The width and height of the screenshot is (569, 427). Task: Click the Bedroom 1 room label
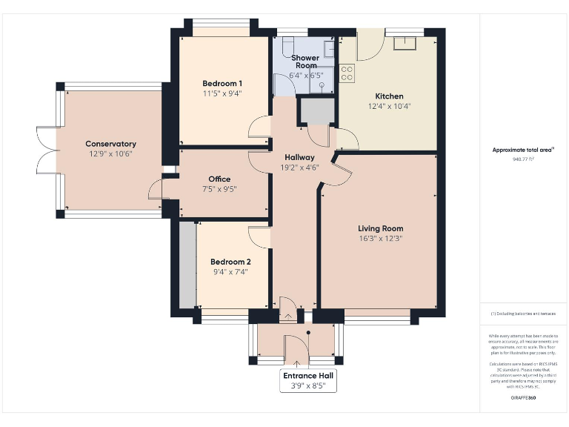tap(222, 82)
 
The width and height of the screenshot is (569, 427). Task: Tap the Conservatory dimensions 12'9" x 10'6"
tap(110, 154)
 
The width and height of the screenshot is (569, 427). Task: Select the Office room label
tap(219, 179)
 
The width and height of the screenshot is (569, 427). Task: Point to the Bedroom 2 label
tap(230, 262)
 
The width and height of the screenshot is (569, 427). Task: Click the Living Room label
tap(380, 228)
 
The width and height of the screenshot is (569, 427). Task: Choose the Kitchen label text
tap(389, 96)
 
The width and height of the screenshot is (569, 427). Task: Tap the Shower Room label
tap(305, 62)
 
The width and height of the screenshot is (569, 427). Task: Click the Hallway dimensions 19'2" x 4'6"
tap(299, 168)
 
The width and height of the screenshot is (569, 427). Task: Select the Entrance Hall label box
tap(307, 380)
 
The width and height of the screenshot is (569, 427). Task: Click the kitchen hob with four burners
tap(346, 73)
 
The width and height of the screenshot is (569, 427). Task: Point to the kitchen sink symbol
tap(405, 42)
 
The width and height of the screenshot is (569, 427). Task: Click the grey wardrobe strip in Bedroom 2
tap(187, 265)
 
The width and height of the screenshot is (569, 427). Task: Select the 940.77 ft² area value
tap(523, 159)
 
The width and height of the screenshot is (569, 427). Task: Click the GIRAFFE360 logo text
tap(523, 398)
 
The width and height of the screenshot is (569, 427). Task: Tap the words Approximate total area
tap(522, 150)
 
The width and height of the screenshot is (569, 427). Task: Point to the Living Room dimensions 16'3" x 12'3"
tap(380, 239)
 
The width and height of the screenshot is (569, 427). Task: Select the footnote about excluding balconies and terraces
tap(523, 314)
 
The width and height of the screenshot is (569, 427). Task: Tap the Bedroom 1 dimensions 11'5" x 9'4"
tap(222, 93)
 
